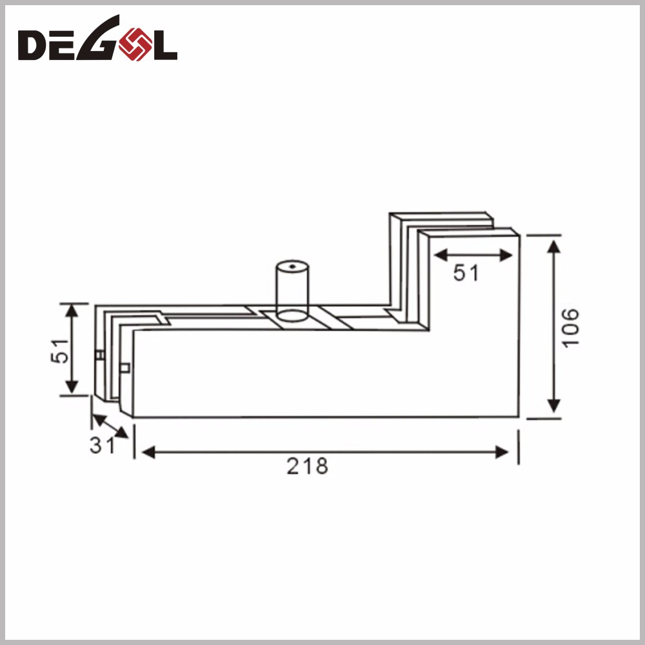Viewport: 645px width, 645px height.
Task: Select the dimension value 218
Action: click(x=308, y=466)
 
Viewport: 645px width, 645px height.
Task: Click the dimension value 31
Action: click(x=101, y=445)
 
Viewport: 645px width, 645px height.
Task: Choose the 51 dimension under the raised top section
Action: click(x=466, y=273)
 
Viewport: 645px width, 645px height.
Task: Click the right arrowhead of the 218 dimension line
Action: click(x=504, y=453)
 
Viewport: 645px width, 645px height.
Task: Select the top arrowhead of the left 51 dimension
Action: click(x=72, y=311)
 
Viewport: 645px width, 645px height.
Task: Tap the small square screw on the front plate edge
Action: click(x=125, y=368)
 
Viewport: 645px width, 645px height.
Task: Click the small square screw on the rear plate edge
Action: click(x=99, y=355)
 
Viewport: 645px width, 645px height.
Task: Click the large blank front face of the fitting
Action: click(x=322, y=374)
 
